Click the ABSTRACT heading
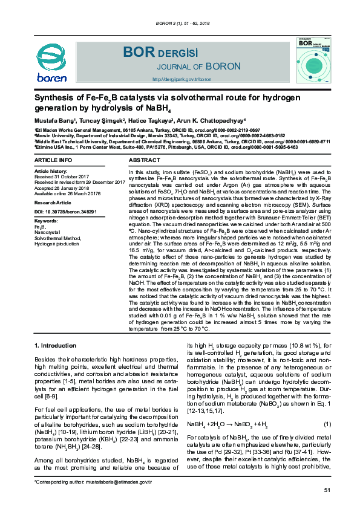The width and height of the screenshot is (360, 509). [145, 160]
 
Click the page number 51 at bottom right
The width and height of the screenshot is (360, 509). [327, 490]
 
